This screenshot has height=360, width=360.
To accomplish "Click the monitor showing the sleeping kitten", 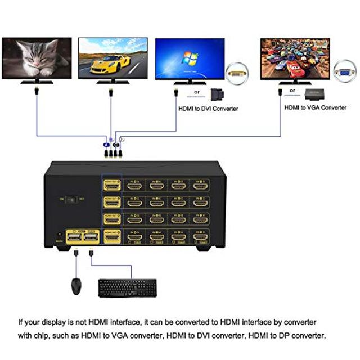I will (x=37, y=58).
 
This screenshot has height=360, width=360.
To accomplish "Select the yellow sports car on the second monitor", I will (x=110, y=61).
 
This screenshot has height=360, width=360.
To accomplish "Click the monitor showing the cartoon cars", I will (x=295, y=58).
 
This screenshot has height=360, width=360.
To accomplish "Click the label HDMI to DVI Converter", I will (x=208, y=109).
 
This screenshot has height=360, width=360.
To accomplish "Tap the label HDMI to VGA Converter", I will (x=315, y=107).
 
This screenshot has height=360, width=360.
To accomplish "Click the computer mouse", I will (x=76, y=286).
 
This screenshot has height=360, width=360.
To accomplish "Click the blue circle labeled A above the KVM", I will (x=105, y=145).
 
